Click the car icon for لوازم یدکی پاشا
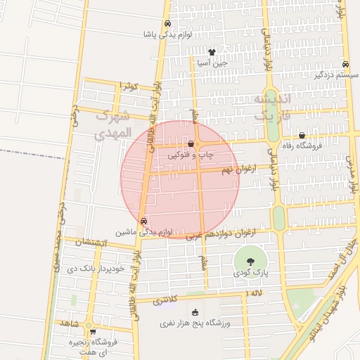[167, 23]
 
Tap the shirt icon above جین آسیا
[212, 52]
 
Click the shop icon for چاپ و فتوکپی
[191, 143]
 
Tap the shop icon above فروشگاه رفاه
[302, 136]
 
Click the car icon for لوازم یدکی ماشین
[143, 221]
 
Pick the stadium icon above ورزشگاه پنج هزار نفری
[195, 313]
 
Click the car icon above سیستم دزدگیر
[344, 63]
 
